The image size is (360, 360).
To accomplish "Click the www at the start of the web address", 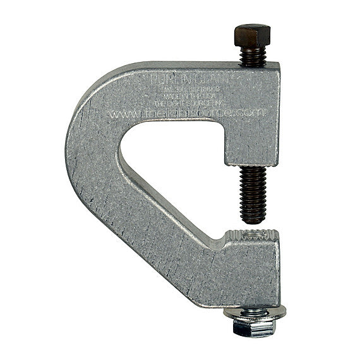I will (120, 116).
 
